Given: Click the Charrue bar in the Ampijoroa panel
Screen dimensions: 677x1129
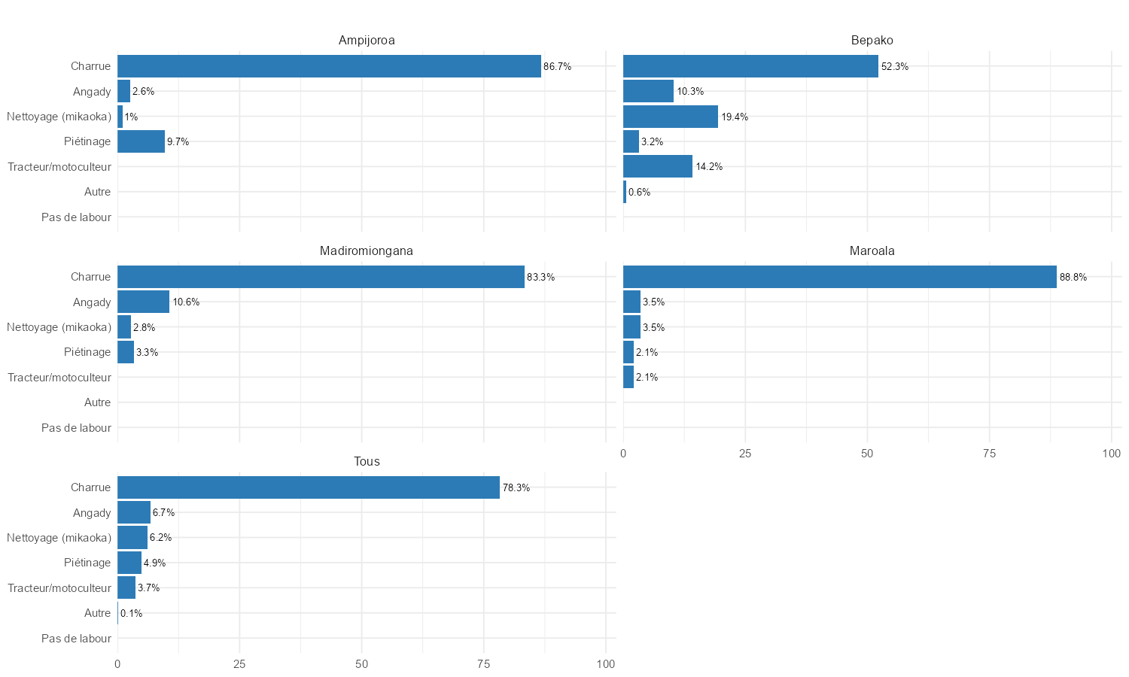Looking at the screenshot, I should coord(329,66).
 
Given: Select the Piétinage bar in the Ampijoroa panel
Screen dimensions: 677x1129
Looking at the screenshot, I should coord(141,141).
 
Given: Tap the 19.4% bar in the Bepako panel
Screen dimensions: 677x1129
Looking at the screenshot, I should coord(670,117).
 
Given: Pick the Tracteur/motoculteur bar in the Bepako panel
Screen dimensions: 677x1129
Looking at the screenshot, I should coord(657,166).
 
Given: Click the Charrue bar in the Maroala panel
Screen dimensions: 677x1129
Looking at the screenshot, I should coord(839,277).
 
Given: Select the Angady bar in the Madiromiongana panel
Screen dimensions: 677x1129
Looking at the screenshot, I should coord(143,302).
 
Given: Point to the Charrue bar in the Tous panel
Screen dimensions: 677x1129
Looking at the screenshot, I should coord(308,487).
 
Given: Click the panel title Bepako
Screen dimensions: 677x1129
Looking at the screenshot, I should coord(872,41).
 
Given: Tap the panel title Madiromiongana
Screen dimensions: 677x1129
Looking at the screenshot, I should coord(366,251).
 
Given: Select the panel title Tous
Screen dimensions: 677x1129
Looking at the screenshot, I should coord(367,462).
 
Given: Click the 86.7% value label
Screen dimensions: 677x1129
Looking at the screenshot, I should coord(557,67).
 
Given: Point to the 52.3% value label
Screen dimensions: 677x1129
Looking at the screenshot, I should coord(894,67).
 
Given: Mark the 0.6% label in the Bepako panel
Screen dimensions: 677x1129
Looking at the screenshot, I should coord(639,193).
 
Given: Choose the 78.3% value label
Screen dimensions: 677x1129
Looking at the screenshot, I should coord(516,488).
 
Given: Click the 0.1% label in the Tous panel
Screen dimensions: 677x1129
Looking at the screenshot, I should coord(131,614).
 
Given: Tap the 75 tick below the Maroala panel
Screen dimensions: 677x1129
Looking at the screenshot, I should coord(989,454).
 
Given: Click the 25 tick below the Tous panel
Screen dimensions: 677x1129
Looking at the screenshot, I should coord(239,664).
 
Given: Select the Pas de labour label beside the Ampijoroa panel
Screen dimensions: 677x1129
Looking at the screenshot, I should coord(76,217).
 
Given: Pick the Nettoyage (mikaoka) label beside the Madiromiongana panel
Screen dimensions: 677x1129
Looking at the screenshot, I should coord(59,327).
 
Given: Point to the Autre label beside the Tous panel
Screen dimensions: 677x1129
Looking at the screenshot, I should coord(97,613).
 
